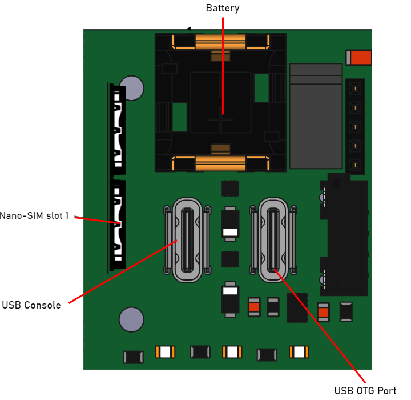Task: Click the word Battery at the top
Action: click(x=222, y=9)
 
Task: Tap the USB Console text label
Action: click(x=31, y=305)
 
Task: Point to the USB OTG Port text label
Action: click(x=365, y=391)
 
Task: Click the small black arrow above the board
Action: click(x=190, y=29)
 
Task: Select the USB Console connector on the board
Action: click(x=187, y=240)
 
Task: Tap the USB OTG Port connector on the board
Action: click(x=273, y=240)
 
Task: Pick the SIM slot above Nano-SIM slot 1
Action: click(x=118, y=130)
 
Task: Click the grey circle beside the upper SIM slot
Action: click(x=132, y=88)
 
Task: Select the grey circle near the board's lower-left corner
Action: click(x=131, y=319)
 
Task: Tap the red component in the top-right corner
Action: click(x=359, y=58)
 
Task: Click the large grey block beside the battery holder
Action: click(x=316, y=116)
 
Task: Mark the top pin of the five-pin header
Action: click(x=355, y=89)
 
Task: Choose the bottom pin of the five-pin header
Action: click(x=355, y=166)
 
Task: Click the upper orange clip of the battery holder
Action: click(x=220, y=41)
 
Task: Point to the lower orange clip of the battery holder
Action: click(x=220, y=163)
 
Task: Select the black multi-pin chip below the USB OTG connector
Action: click(x=297, y=308)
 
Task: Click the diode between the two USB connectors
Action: click(x=230, y=222)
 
